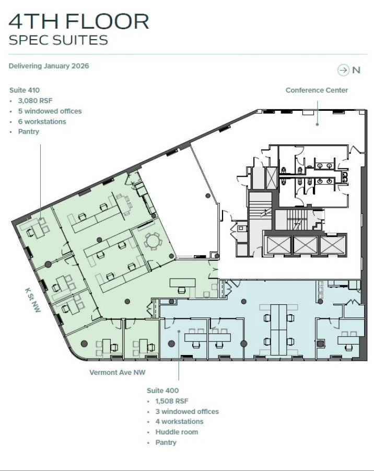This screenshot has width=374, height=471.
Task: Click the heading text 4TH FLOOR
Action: (x=79, y=21)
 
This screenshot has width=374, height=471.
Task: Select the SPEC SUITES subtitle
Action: (x=59, y=40)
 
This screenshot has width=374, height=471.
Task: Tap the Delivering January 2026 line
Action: (x=49, y=66)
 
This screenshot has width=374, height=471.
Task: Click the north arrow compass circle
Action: (x=343, y=70)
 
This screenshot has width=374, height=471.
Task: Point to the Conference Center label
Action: (x=317, y=90)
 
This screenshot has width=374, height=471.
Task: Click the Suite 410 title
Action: (x=25, y=90)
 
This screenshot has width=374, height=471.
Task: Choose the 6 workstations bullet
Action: (x=42, y=122)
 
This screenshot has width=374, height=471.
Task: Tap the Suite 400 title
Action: (x=162, y=390)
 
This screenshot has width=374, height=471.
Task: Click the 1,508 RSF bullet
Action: (x=172, y=401)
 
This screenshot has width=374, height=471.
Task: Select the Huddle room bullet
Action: (x=177, y=432)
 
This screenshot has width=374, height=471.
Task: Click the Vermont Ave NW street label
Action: (x=118, y=373)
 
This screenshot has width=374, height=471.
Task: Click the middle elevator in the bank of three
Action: (x=305, y=245)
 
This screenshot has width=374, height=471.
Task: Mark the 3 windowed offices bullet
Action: (x=187, y=411)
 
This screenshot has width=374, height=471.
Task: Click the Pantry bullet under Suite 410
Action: (x=29, y=132)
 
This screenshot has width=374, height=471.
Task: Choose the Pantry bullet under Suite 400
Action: (x=166, y=443)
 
